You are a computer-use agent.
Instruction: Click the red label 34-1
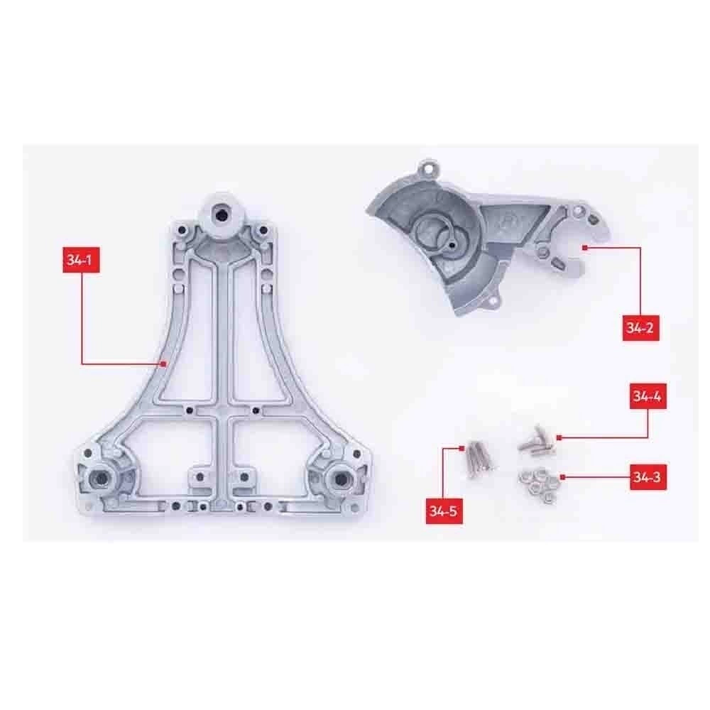coord(81,260)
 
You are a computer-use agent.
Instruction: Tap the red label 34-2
coord(640,327)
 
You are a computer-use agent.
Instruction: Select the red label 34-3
coord(648,477)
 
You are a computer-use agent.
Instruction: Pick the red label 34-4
coord(648,396)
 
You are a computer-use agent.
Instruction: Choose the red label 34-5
coord(444,511)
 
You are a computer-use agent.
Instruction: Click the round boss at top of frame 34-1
coord(221,212)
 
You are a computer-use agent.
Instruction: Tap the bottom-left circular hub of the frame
coord(101,478)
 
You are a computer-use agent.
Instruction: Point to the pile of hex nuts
coord(538,486)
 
